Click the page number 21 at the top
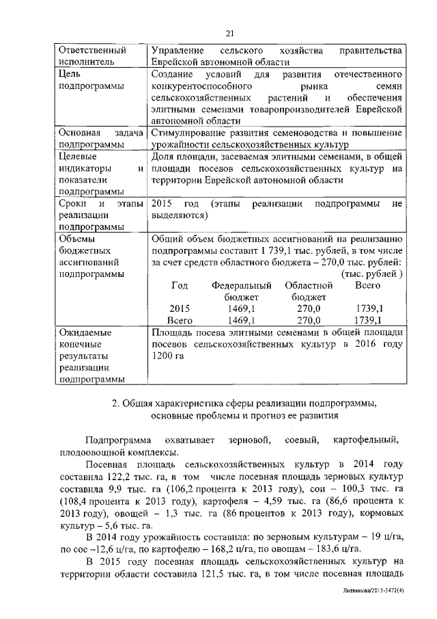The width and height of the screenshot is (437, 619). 230,34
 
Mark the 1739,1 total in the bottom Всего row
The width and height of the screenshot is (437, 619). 369,320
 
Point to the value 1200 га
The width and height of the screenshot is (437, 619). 168,357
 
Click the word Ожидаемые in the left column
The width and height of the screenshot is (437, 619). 85,332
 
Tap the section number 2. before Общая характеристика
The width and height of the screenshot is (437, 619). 116,404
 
